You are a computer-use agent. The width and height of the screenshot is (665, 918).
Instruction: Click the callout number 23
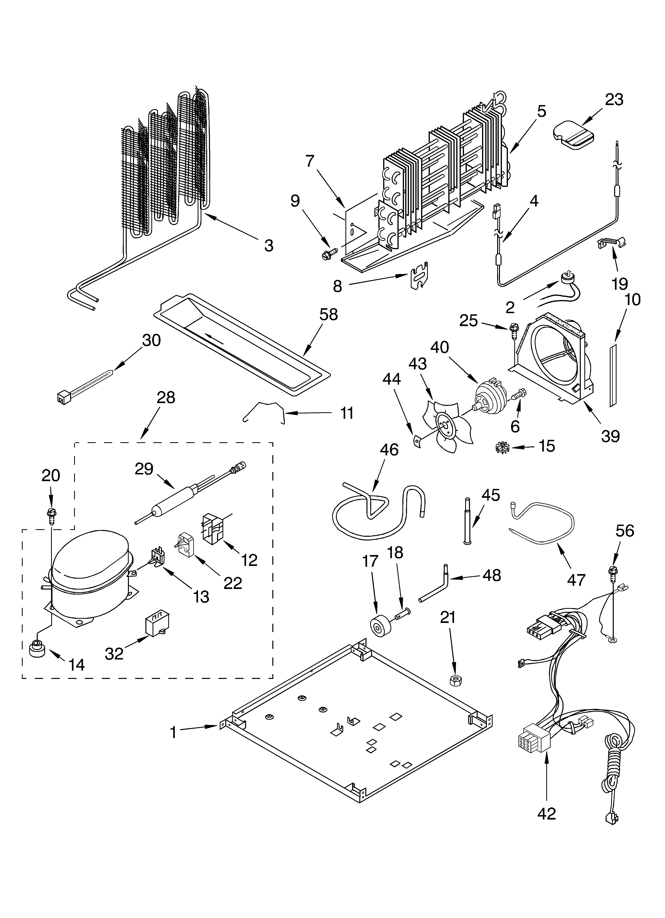click(x=614, y=99)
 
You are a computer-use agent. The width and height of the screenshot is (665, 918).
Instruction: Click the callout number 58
click(x=328, y=314)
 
